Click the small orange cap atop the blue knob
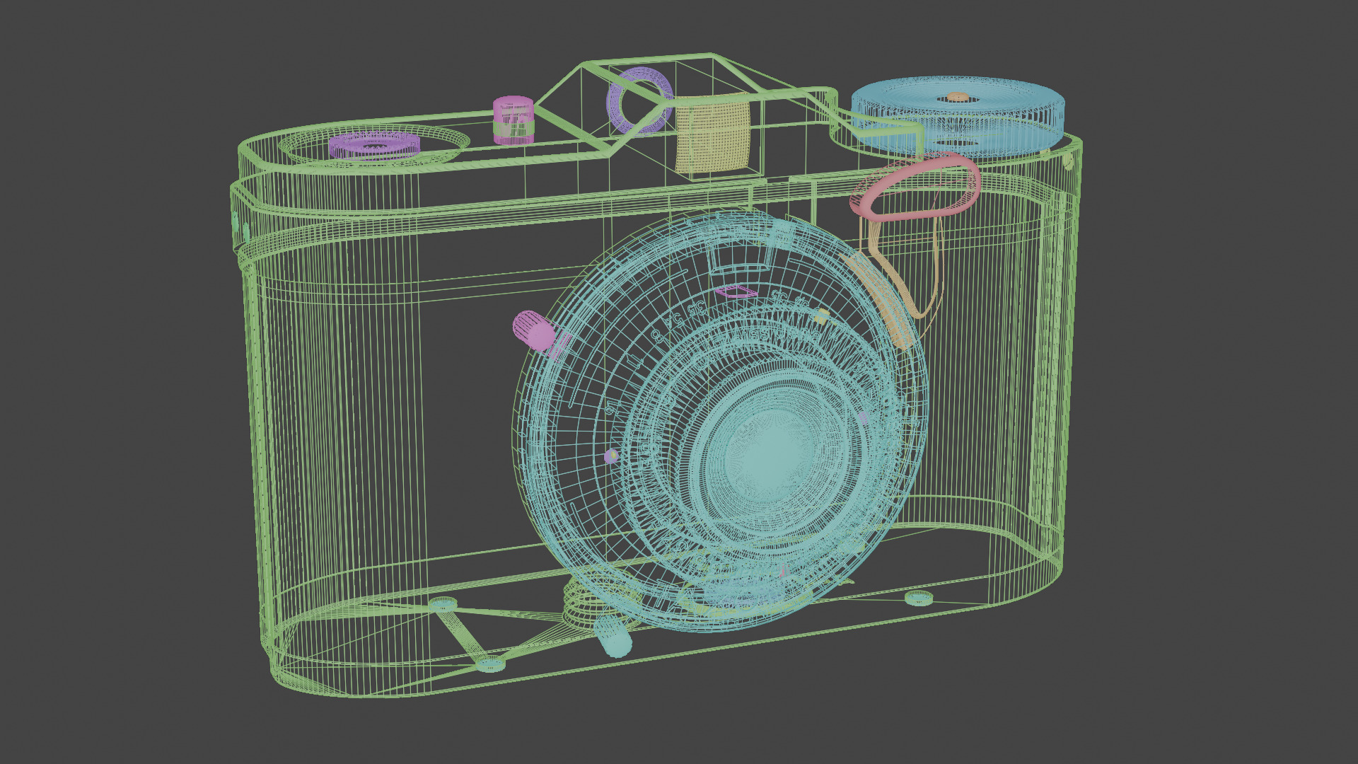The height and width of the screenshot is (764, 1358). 957,97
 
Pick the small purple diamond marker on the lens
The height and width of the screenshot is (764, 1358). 736,291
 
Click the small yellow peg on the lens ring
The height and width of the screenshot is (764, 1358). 821,316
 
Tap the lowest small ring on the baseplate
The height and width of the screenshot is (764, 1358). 490,664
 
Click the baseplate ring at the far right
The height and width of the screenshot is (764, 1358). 918,598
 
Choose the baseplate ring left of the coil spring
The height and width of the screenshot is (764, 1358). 443,603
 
